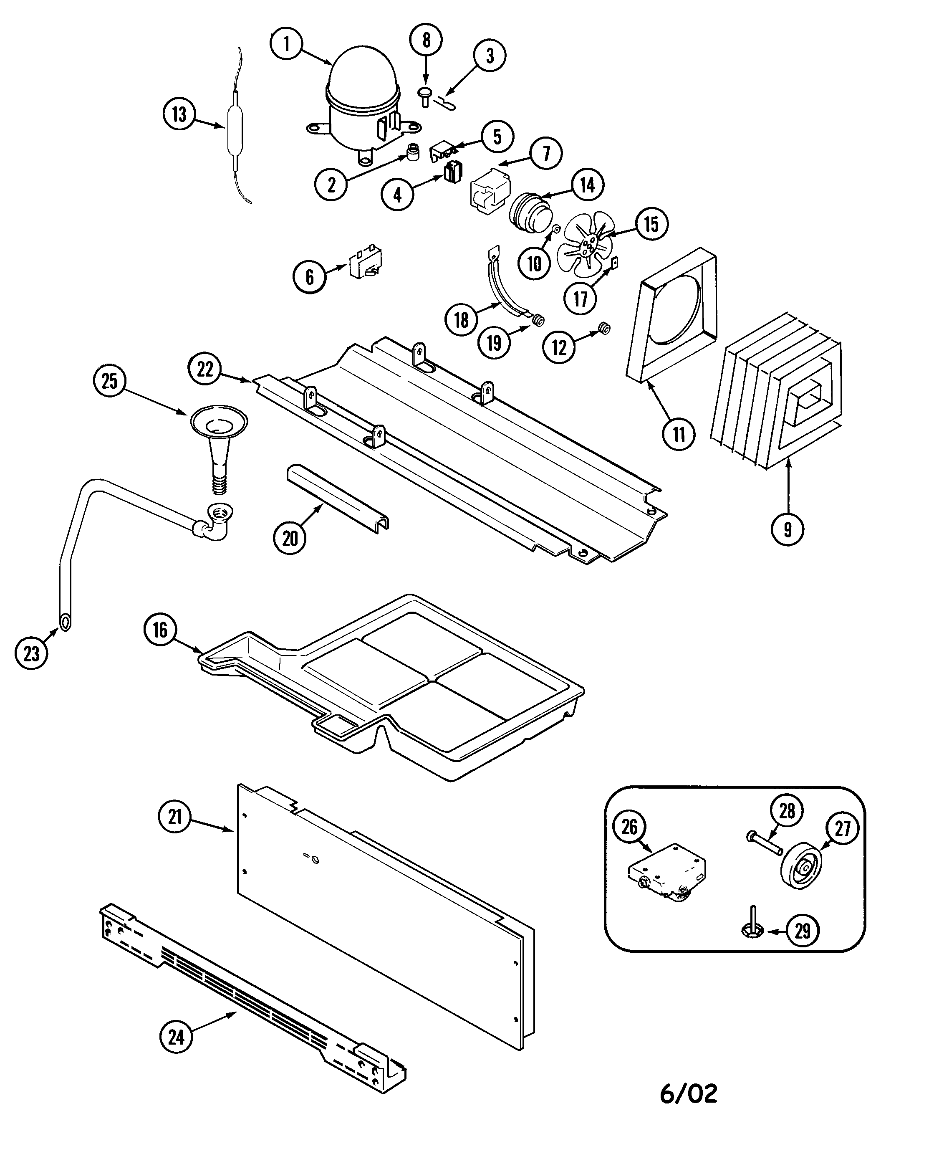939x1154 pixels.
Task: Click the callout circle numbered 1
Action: pyautogui.click(x=286, y=44)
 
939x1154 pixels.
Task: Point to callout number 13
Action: pyautogui.click(x=179, y=115)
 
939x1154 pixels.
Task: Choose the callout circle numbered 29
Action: pyautogui.click(x=802, y=931)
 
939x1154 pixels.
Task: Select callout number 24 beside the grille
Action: pyautogui.click(x=176, y=1037)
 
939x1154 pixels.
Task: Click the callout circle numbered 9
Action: pyautogui.click(x=788, y=529)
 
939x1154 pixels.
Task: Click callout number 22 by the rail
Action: pyautogui.click(x=205, y=369)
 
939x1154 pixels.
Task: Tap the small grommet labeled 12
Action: pyautogui.click(x=604, y=328)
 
